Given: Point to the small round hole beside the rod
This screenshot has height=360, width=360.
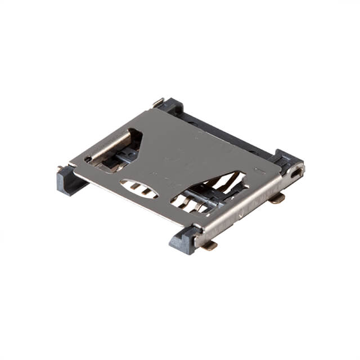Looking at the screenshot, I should pyautogui.click(x=88, y=160).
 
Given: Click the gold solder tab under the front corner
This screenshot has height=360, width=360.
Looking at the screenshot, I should pyautogui.click(x=209, y=246).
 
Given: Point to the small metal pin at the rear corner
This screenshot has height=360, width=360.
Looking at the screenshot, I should pyautogui.click(x=158, y=102).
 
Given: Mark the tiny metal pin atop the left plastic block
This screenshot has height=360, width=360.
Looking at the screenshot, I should pyautogui.click(x=60, y=168).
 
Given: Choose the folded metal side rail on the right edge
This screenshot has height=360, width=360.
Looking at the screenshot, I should pyautogui.click(x=247, y=202).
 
